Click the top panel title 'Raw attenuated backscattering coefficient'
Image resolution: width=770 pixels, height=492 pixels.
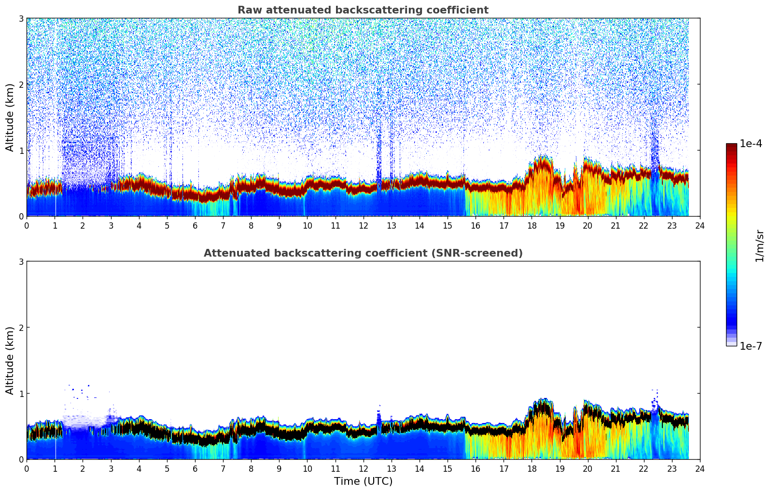coord(363,10)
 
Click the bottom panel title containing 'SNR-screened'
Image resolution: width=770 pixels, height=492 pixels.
coord(363,253)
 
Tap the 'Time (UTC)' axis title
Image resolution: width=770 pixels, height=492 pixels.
coord(363,481)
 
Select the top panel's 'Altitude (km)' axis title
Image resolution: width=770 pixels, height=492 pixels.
coord(10,117)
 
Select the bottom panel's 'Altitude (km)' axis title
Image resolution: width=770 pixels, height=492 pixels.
coord(10,360)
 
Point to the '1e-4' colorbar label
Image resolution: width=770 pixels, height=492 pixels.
coord(751,144)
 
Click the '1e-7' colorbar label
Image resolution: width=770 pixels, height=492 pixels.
coord(751,346)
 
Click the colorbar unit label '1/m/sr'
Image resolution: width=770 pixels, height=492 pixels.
coord(759,246)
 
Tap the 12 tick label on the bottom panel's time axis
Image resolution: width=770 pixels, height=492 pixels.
coord(363,469)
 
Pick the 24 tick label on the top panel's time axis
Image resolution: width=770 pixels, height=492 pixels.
coord(700,226)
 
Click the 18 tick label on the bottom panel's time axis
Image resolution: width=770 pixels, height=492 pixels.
coord(532,469)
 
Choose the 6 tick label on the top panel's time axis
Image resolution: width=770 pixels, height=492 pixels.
coord(195,226)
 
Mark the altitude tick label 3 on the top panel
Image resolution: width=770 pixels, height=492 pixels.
coord(21,18)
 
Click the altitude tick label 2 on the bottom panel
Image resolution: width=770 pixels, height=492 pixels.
coord(21,328)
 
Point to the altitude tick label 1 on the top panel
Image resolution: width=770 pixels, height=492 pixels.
coord(21,150)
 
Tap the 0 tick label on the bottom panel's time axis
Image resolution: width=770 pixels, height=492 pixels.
coord(27,469)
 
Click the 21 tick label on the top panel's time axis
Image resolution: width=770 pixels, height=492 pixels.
coord(616,226)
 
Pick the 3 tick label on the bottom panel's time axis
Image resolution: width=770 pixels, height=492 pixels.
coord(111,469)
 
